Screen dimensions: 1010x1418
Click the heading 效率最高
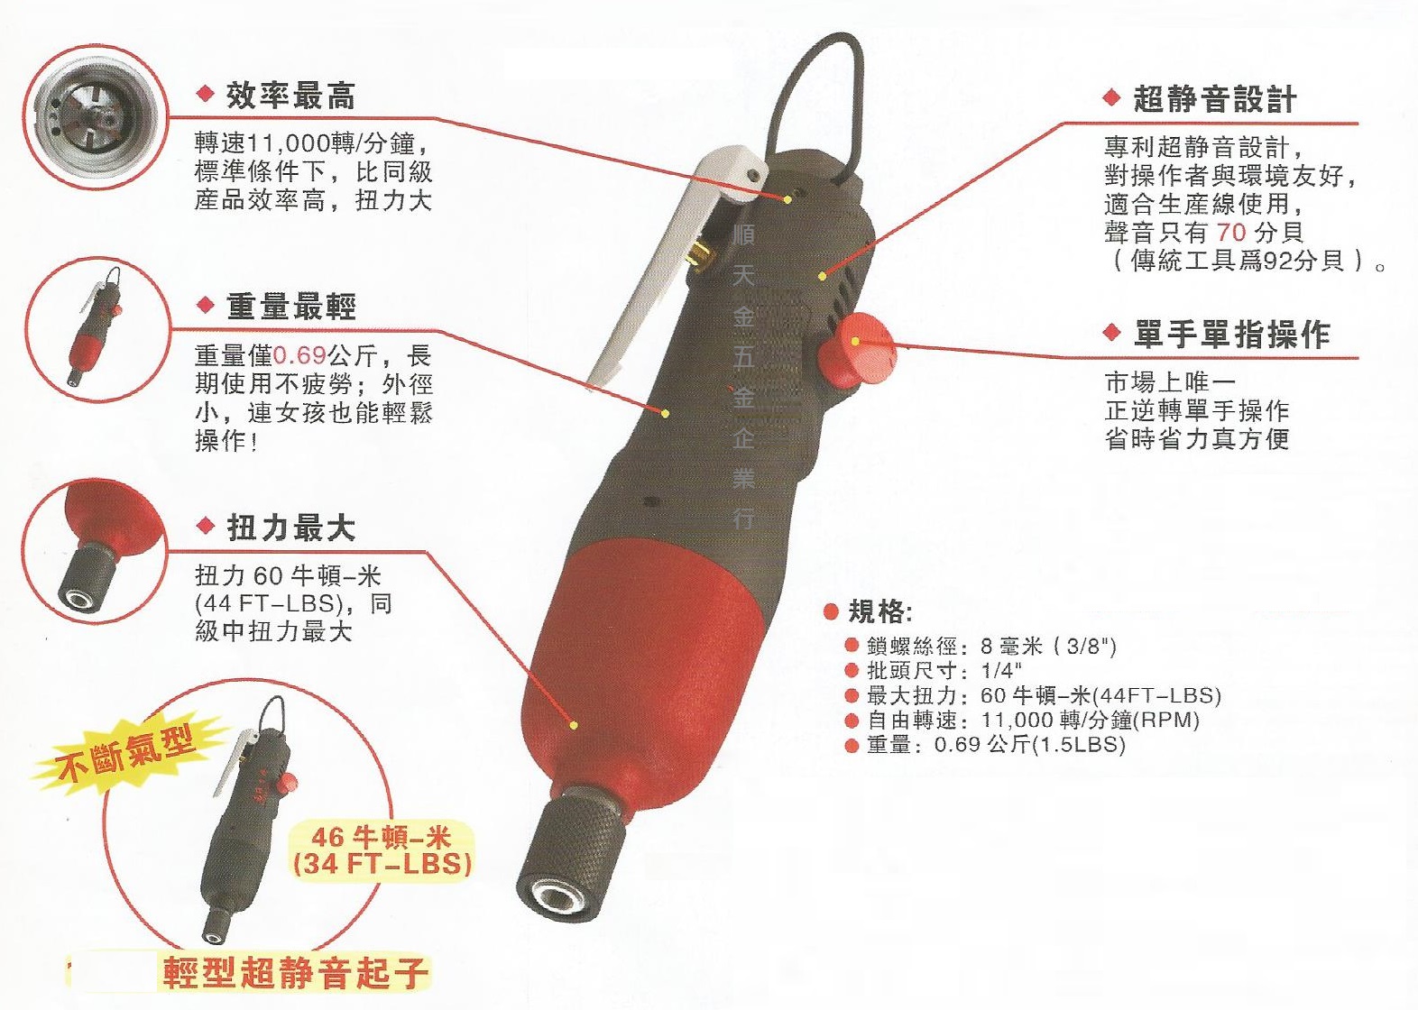click(x=290, y=96)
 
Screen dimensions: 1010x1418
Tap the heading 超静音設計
click(x=1214, y=99)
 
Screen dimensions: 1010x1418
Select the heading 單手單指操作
click(x=1231, y=335)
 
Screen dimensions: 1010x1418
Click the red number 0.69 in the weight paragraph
click(x=299, y=355)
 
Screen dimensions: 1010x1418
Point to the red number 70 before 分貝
click(x=1230, y=233)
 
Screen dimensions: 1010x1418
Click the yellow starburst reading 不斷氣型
click(x=126, y=753)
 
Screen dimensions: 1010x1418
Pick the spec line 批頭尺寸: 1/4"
click(x=944, y=671)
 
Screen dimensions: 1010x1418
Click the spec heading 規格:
click(x=880, y=612)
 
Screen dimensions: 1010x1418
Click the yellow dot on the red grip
click(x=574, y=724)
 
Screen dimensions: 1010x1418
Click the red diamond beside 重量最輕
click(x=205, y=305)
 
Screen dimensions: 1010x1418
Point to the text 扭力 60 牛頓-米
click(x=288, y=575)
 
